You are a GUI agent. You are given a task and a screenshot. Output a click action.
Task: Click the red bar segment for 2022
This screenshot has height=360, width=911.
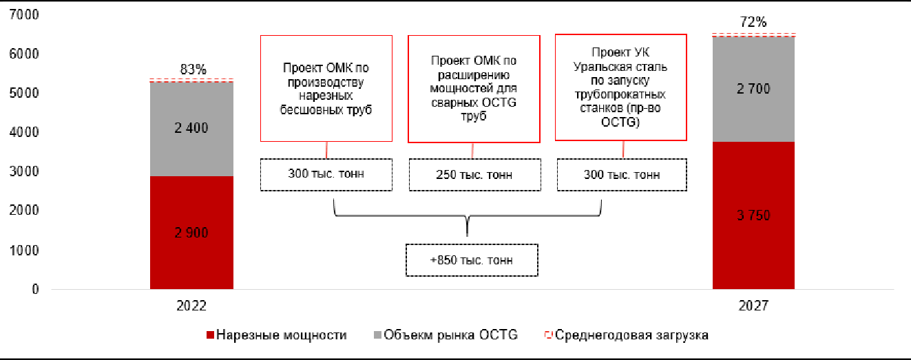coord(191,233)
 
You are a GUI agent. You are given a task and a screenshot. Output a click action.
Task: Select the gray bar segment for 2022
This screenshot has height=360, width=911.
coord(191,129)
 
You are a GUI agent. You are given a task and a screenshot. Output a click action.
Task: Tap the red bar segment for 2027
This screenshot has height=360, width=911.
coord(753,215)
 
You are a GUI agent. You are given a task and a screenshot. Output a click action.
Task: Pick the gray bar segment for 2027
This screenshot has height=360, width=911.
coord(753,89)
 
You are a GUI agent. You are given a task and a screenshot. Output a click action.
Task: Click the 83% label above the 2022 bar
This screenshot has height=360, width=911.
coord(193,69)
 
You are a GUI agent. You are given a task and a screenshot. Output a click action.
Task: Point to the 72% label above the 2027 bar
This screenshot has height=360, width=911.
coord(753,21)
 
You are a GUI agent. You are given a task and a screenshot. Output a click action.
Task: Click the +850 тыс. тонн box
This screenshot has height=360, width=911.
coord(472,260)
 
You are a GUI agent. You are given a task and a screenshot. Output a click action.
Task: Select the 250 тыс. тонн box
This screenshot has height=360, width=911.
coord(474,175)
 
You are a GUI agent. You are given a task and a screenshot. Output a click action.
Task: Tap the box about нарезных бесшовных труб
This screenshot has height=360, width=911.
coord(326,89)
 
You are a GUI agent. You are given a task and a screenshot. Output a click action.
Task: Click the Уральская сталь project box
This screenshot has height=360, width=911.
coord(620,87)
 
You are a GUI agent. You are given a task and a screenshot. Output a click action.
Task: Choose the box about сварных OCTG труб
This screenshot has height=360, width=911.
coord(474,89)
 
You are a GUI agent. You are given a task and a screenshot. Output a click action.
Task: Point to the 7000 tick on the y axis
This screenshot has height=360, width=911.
coord(24,14)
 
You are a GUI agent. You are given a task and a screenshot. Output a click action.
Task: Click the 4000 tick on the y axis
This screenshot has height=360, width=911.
coord(24,132)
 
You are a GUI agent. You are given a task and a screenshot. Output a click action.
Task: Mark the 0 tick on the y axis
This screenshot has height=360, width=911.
coord(35,289)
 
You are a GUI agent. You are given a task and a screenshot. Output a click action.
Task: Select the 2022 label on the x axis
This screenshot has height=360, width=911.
coord(191,306)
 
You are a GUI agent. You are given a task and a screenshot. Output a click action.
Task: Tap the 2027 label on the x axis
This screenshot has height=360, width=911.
coord(753,306)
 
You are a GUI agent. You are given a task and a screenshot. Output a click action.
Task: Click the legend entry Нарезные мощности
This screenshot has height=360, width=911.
coord(277,335)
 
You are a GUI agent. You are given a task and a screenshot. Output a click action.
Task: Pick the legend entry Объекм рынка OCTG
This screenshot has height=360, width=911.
coord(446,335)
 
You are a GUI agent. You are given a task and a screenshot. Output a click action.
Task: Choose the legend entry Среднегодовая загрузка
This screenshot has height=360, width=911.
coord(627,335)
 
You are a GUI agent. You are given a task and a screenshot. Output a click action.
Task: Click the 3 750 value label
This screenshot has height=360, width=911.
coord(753,215)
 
